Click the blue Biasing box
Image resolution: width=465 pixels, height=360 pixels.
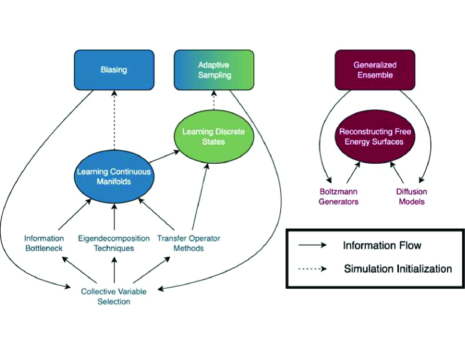pyautogui.click(x=114, y=70)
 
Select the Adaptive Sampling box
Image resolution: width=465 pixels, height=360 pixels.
pyautogui.click(x=215, y=70)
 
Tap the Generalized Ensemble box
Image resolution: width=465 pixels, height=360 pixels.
pyautogui.click(x=370, y=70)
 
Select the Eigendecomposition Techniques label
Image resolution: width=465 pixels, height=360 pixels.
pyautogui.click(x=114, y=243)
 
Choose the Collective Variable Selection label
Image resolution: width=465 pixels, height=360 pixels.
pyautogui.click(x=114, y=297)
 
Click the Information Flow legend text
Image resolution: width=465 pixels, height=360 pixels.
pyautogui.click(x=382, y=245)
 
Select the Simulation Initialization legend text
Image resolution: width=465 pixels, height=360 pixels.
pyautogui.click(x=398, y=269)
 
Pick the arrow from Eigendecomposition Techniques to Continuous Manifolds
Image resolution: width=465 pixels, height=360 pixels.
pyautogui.click(x=114, y=214)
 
